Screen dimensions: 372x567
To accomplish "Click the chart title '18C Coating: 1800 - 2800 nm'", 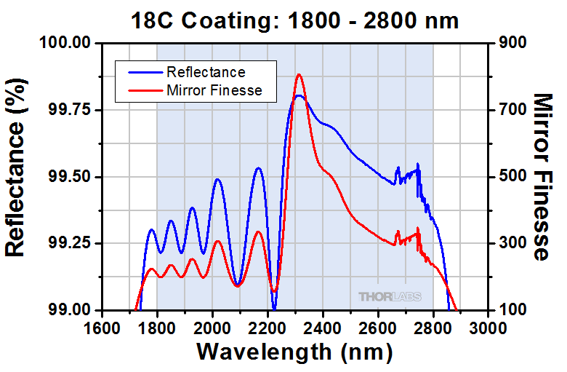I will tap(294, 20).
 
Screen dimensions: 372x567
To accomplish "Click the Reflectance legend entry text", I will tap(206, 72).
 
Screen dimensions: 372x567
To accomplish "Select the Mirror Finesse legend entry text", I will tap(214, 90).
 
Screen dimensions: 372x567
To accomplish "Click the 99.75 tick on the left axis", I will tap(71, 110).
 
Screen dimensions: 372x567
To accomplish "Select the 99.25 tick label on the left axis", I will tap(71, 243).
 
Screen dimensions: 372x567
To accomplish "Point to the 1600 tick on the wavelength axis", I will tap(102, 326).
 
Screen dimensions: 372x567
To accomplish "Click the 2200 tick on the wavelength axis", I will tap(268, 326).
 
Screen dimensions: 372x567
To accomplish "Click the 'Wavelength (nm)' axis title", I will tap(294, 352).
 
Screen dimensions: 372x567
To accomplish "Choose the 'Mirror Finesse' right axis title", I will tap(542, 176).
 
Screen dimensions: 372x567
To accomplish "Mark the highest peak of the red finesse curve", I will tap(299, 75).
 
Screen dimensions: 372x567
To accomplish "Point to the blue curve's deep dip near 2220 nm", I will tap(274, 309).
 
